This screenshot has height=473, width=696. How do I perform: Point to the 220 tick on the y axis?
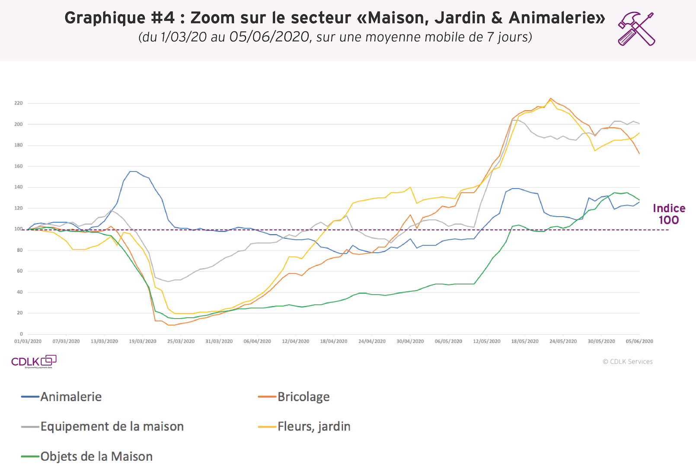[19, 103]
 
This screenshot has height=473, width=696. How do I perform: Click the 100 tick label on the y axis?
[19, 229]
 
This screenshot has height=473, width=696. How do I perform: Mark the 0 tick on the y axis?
[21, 334]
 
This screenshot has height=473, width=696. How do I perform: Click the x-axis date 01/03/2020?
[28, 341]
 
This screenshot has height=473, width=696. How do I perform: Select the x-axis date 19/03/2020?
[143, 341]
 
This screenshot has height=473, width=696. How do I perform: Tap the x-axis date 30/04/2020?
[410, 341]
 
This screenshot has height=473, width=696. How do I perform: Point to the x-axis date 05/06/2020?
[639, 341]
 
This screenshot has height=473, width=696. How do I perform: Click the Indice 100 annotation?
[669, 214]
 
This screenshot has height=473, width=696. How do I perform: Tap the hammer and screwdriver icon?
[636, 29]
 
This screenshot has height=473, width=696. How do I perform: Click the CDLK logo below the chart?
[34, 362]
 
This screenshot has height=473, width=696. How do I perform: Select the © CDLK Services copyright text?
[628, 362]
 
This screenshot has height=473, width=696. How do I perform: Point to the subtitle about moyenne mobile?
[335, 37]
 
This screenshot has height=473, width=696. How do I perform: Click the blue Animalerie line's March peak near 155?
[133, 171]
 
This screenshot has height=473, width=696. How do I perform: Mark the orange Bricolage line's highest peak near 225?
[550, 98]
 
